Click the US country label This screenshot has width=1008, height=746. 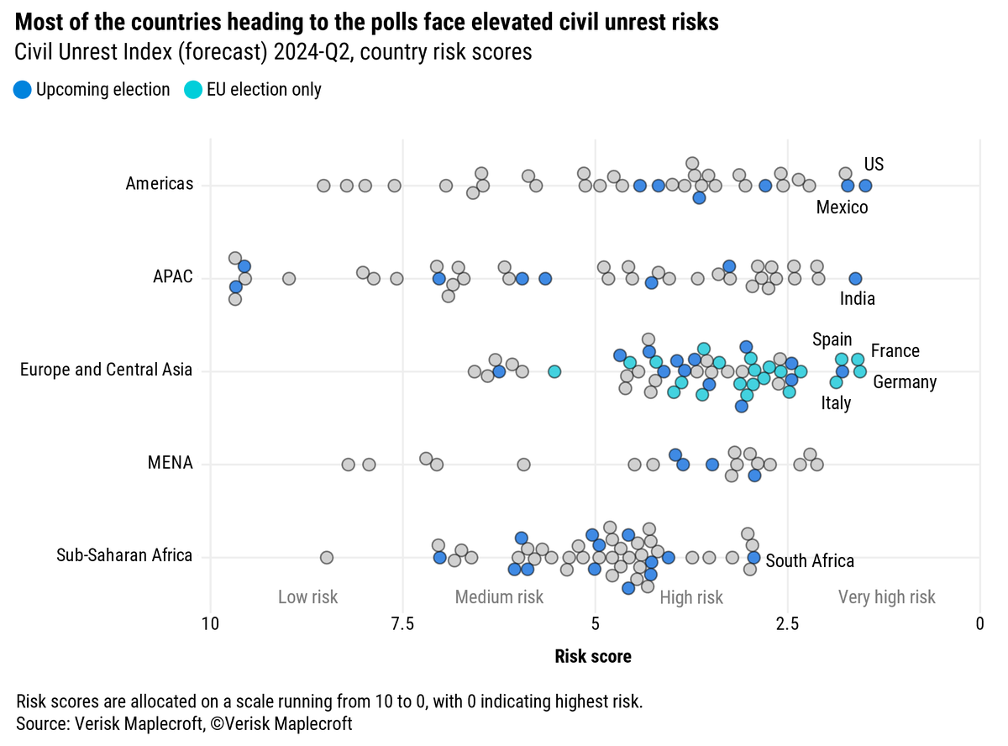(x=874, y=164)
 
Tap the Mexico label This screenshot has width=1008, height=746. (x=842, y=207)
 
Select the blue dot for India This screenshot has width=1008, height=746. (x=855, y=278)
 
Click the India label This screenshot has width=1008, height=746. (x=857, y=299)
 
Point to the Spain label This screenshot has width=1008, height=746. (x=832, y=339)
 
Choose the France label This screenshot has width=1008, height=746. (x=895, y=350)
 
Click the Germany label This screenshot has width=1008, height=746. (x=905, y=382)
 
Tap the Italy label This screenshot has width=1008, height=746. (x=836, y=403)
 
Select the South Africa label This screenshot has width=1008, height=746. (x=810, y=560)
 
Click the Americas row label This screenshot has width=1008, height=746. (x=160, y=183)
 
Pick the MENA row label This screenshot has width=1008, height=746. (x=171, y=463)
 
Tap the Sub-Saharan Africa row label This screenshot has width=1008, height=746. (x=124, y=555)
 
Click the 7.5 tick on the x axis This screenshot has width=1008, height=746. (x=402, y=623)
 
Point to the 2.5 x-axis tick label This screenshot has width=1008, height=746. (x=787, y=623)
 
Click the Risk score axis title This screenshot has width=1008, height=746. (x=593, y=656)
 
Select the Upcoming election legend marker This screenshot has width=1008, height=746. (x=23, y=89)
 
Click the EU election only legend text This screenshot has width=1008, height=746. (x=264, y=89)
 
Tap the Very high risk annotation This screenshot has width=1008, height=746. (x=886, y=597)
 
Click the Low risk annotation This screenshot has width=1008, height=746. (x=307, y=597)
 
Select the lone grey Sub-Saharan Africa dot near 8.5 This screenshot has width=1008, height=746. (x=327, y=557)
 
